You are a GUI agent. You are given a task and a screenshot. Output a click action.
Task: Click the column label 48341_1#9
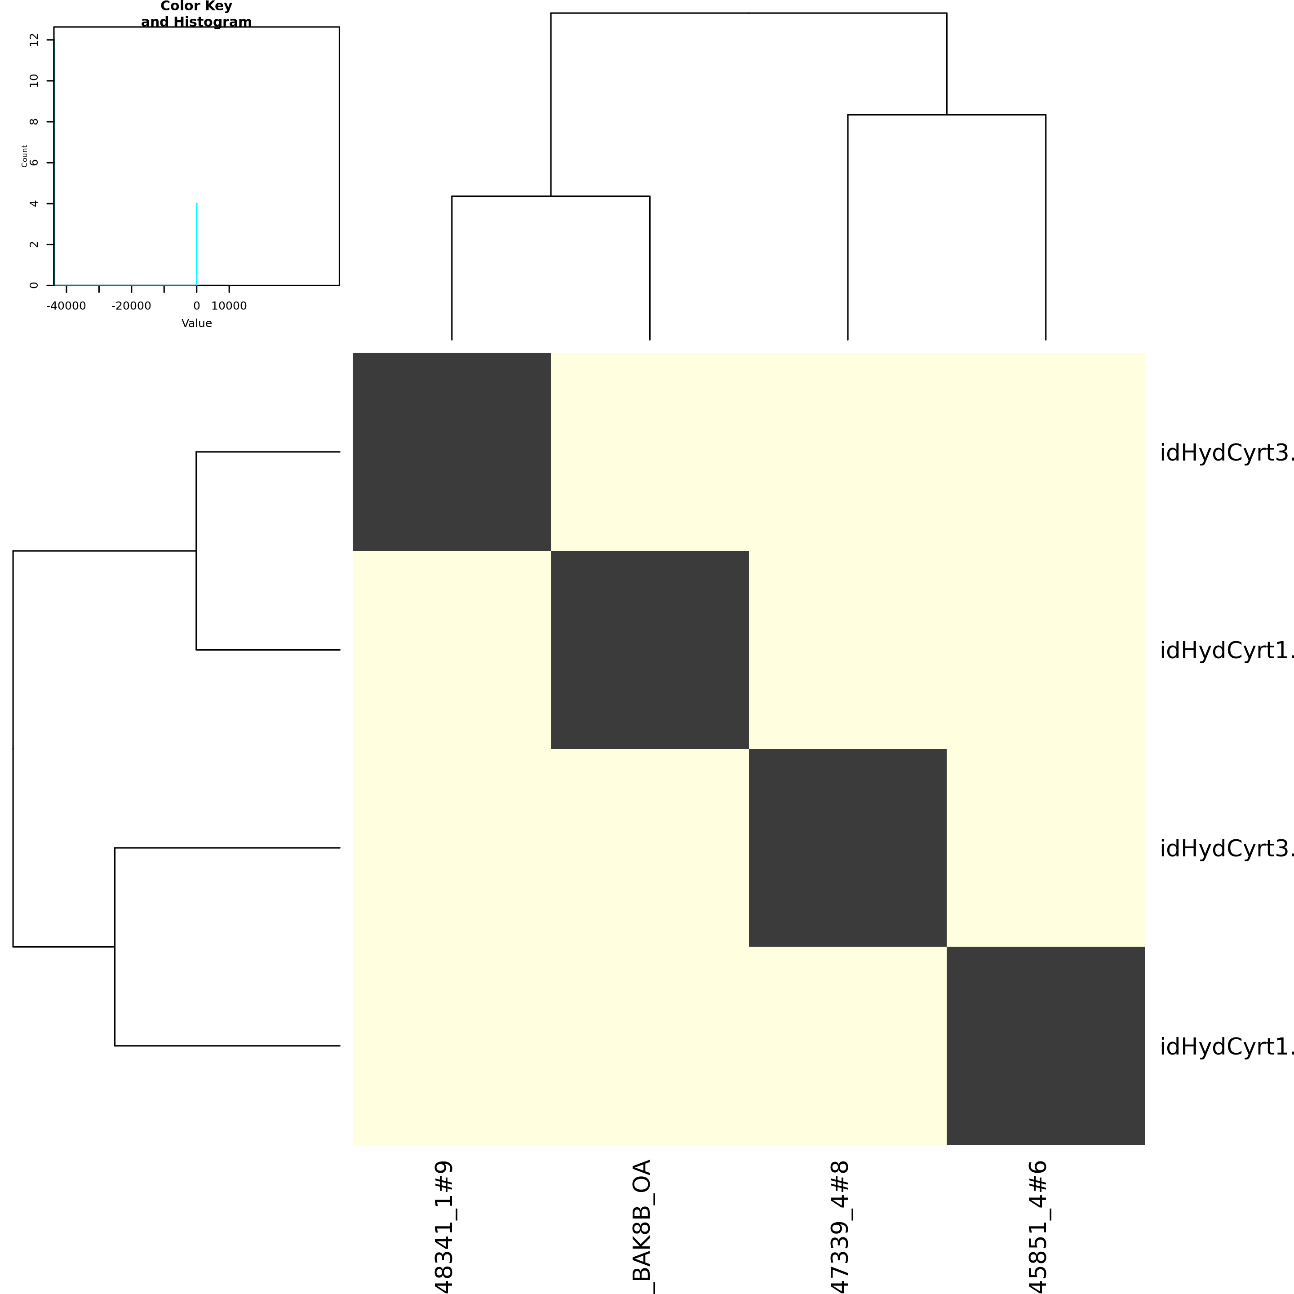444,1227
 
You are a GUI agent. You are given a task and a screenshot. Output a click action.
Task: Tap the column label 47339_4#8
840,1227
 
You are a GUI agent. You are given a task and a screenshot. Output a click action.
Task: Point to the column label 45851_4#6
1037,1227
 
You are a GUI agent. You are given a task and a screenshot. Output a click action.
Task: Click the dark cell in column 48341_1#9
452,452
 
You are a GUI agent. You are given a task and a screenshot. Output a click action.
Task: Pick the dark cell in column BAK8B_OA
650,650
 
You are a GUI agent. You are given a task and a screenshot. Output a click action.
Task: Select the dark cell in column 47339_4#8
847,847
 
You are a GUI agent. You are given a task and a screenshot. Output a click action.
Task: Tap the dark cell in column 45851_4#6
1046,1046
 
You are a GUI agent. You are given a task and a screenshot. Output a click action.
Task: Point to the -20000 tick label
131,306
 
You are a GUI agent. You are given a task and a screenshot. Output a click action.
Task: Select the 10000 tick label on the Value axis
229,306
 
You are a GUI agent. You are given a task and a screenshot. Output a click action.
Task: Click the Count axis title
25,155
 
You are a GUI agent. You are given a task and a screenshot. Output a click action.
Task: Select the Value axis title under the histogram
196,323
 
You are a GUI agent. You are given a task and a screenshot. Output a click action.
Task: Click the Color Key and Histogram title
196,14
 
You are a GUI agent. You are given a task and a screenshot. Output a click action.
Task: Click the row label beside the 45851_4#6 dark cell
1226,1046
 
